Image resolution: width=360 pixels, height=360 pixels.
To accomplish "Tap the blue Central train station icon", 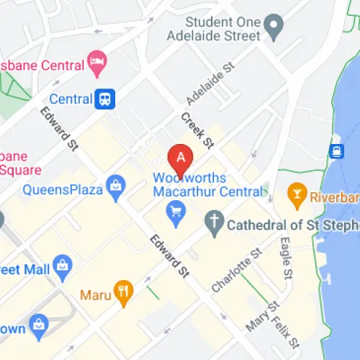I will pyautogui.click(x=106, y=99).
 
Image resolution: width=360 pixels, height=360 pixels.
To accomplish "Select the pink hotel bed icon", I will pyautogui.click(x=95, y=58).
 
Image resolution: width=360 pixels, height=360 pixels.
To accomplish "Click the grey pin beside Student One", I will pyautogui.click(x=272, y=29).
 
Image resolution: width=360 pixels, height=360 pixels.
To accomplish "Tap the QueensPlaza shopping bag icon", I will pyautogui.click(x=114, y=189).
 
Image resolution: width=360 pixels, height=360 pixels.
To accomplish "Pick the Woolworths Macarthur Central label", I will pyautogui.click(x=207, y=185).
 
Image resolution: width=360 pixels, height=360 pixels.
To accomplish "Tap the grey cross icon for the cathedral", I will pyautogui.click(x=213, y=225).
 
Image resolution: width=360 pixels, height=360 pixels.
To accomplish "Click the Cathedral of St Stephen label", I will pyautogui.click(x=292, y=225).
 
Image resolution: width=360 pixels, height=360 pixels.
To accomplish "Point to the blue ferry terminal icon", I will pyautogui.click(x=336, y=150).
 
